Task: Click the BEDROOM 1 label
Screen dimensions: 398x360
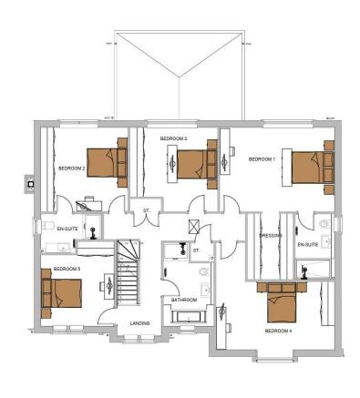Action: (262, 159)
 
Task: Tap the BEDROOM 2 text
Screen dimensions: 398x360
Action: (71, 168)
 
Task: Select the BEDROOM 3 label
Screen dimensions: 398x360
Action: (173, 138)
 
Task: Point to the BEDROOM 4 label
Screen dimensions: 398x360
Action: (278, 332)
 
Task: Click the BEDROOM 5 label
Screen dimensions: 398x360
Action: (67, 270)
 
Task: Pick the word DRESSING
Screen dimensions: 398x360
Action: (270, 235)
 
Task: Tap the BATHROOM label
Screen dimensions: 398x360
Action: (184, 299)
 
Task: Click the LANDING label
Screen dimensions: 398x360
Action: (139, 323)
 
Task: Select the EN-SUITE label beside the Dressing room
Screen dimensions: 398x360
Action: (307, 244)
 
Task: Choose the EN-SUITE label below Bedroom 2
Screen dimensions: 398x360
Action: (67, 229)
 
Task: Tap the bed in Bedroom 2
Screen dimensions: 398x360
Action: (105, 164)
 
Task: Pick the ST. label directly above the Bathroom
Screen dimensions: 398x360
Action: (196, 249)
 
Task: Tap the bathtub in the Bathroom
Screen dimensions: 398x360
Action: (189, 317)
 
